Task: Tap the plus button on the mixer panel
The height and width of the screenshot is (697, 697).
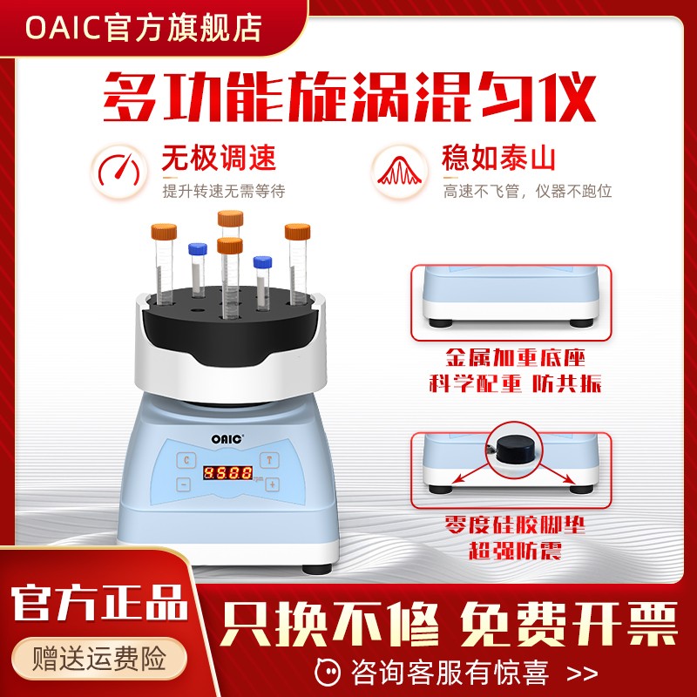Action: [272, 484]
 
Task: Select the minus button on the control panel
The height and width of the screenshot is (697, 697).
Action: [185, 484]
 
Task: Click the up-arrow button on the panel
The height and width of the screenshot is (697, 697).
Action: [272, 459]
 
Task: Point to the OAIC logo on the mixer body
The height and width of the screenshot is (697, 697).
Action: [228, 428]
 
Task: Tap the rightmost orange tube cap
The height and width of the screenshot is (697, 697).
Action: [297, 232]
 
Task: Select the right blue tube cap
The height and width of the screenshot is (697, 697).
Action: [261, 261]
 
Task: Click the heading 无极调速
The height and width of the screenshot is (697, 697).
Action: [219, 159]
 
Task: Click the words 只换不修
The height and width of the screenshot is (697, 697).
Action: [329, 622]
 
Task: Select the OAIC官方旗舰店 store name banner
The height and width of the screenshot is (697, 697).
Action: [144, 27]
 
